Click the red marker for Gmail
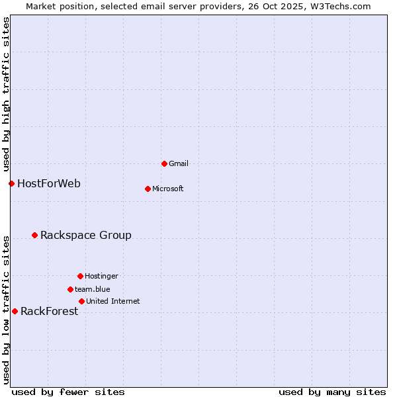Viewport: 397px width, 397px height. [x=164, y=163]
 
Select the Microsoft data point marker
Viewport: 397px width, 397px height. [x=148, y=189]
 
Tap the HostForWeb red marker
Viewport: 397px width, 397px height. [x=11, y=183]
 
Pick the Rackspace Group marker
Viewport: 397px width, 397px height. [x=34, y=235]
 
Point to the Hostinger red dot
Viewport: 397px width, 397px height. [x=80, y=276]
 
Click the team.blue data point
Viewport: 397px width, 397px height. [x=70, y=289]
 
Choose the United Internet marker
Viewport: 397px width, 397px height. [x=81, y=301]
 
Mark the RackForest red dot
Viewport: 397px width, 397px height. [x=15, y=311]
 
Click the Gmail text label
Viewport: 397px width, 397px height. [x=179, y=163]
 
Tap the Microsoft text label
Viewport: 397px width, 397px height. [x=168, y=189]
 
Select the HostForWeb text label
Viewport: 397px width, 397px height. [x=49, y=183]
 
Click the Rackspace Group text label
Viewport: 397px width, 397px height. [x=86, y=235]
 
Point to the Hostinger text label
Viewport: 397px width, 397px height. [x=101, y=276]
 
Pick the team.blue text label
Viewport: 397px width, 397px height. [x=93, y=289]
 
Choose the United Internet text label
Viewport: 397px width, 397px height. [x=113, y=301]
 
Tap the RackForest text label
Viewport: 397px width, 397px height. [x=50, y=312]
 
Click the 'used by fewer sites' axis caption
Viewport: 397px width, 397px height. [x=68, y=392]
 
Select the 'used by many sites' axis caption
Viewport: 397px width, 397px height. [x=332, y=392]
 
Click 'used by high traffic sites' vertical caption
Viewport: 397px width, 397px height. [x=6, y=94]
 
